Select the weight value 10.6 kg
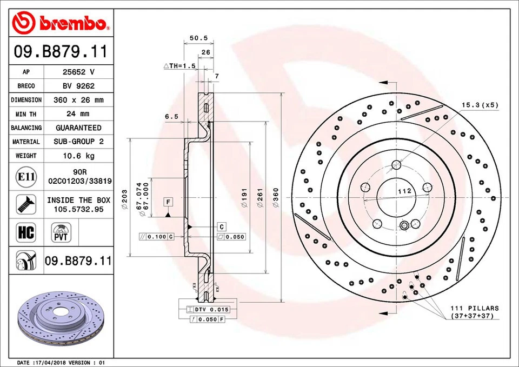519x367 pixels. click(x=78, y=156)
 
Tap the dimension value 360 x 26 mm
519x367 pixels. click(x=78, y=100)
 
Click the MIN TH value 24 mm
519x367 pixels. click(x=78, y=114)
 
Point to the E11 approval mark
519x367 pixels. click(x=26, y=177)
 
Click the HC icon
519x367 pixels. click(x=26, y=233)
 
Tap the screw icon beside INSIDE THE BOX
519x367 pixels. click(x=26, y=204)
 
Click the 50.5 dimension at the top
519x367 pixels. click(x=199, y=38)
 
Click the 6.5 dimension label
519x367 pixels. click(x=171, y=116)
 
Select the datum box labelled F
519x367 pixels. click(x=169, y=202)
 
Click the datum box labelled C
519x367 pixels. click(x=222, y=226)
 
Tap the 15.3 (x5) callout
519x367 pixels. click(x=480, y=105)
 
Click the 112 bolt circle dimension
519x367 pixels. click(x=405, y=191)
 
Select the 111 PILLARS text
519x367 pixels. click(x=475, y=308)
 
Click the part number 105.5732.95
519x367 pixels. click(x=78, y=209)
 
